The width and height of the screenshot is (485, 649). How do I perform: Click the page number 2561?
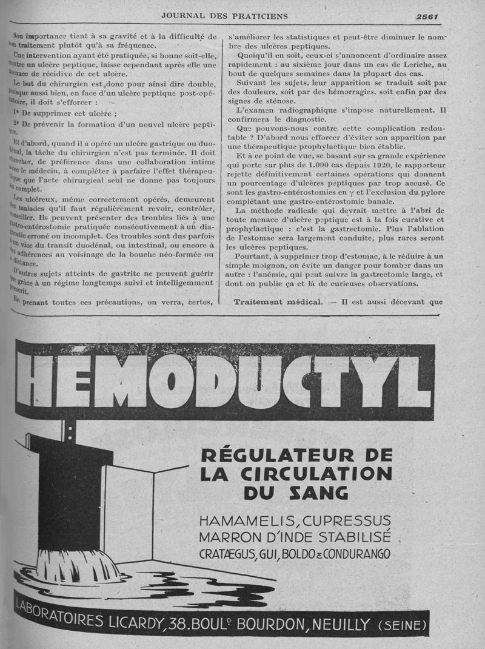428,16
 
